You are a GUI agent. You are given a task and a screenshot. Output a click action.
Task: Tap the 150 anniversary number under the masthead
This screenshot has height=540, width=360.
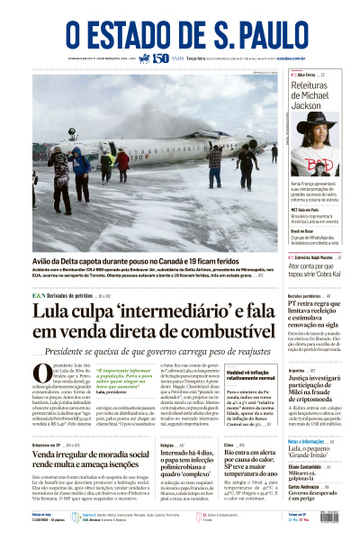(161, 58)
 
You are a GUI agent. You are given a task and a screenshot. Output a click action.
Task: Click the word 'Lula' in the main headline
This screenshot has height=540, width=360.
(53, 316)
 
